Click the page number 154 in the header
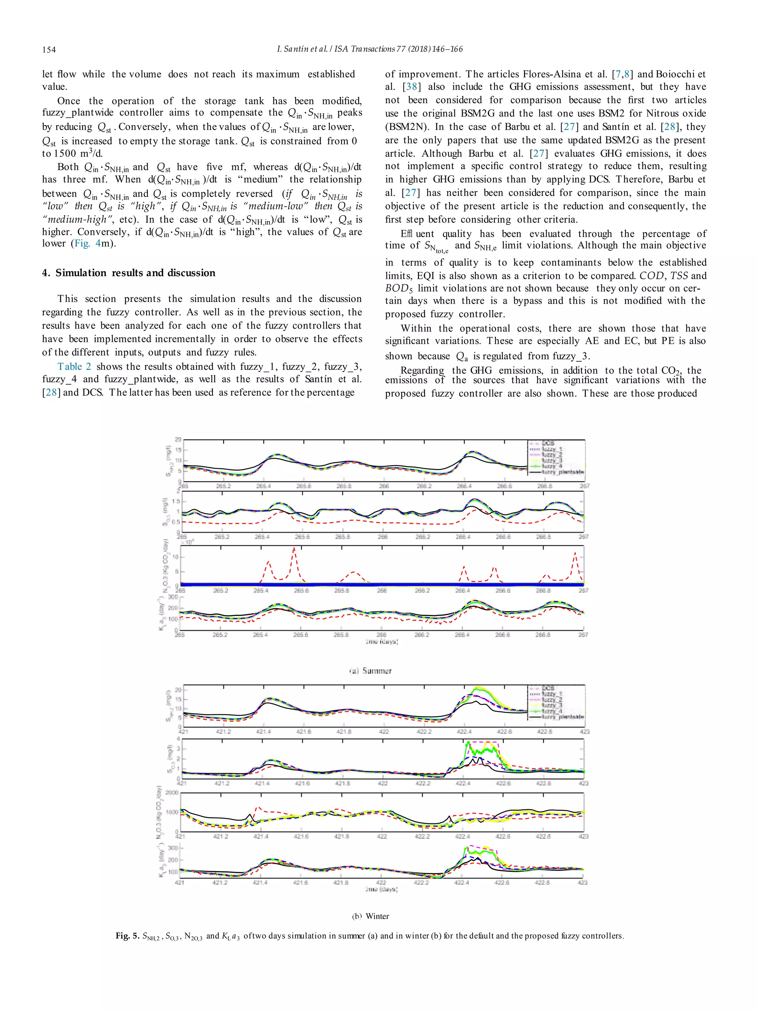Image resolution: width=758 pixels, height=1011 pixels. (49, 49)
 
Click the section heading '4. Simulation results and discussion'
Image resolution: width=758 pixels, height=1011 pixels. (128, 273)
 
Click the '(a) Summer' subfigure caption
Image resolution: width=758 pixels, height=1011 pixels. (370, 671)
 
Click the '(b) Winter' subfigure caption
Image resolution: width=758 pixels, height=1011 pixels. (370, 916)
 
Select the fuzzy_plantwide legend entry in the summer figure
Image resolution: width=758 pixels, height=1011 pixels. (562, 472)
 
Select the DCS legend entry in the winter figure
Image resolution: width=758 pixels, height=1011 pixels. (548, 688)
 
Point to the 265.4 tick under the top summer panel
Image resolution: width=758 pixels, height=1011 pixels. (264, 486)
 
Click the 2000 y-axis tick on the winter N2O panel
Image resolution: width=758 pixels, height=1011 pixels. (172, 793)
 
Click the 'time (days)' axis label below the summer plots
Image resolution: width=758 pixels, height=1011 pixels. (381, 642)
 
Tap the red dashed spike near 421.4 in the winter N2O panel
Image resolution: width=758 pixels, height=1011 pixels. (257, 808)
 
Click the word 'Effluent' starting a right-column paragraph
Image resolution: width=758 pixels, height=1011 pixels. (417, 234)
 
